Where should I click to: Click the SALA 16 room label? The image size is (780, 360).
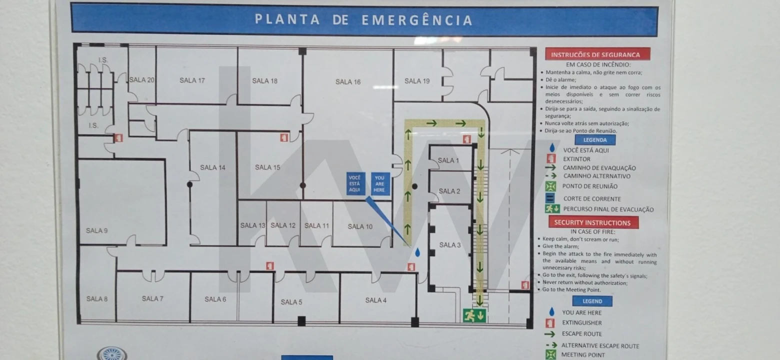[x=348, y=82]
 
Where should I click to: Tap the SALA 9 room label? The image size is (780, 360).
[x=96, y=230]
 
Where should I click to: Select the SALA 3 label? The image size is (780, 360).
[x=450, y=245]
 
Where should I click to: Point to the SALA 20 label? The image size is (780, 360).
[x=142, y=79]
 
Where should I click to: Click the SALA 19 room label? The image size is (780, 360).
[x=417, y=81]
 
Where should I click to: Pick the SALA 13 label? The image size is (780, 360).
[x=252, y=225]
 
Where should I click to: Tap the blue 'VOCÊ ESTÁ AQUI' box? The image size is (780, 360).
[x=355, y=183]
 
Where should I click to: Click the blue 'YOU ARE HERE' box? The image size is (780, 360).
[x=380, y=183]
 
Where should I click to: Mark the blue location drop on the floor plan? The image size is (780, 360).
[x=417, y=253]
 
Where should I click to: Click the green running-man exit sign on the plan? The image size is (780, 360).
[x=474, y=315]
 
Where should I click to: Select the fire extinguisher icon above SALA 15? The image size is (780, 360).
[x=284, y=137]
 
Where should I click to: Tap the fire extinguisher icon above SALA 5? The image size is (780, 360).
[x=270, y=266]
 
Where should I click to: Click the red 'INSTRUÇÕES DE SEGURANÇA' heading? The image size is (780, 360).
[x=595, y=54]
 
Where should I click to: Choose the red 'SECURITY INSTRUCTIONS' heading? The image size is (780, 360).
[x=592, y=222]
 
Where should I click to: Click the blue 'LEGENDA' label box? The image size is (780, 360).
[x=595, y=140]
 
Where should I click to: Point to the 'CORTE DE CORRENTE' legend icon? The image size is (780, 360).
[x=550, y=198]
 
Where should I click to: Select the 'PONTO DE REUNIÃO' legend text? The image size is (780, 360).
[x=589, y=186]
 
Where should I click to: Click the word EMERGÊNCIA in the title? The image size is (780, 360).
[x=417, y=20]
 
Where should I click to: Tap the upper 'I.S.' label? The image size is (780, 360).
[x=103, y=60]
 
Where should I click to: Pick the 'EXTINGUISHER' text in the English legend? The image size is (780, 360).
[x=581, y=323]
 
